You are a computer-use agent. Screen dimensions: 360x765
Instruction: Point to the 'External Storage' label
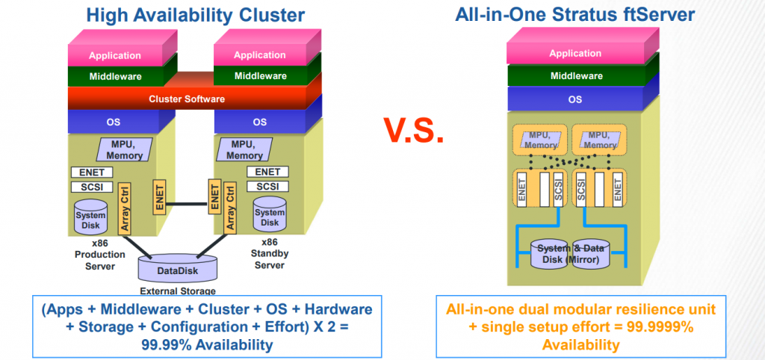click(178, 291)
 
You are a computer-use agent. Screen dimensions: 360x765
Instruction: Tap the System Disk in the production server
click(90, 217)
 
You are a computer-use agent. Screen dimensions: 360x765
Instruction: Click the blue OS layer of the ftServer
click(575, 98)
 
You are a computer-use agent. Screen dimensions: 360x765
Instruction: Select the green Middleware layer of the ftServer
click(575, 75)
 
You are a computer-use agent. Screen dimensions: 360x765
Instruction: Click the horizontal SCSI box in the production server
click(91, 187)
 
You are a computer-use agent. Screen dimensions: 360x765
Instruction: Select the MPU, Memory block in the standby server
click(246, 149)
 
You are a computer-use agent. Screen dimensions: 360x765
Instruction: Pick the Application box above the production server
click(115, 55)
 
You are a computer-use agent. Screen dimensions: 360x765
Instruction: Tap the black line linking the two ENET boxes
click(187, 200)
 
